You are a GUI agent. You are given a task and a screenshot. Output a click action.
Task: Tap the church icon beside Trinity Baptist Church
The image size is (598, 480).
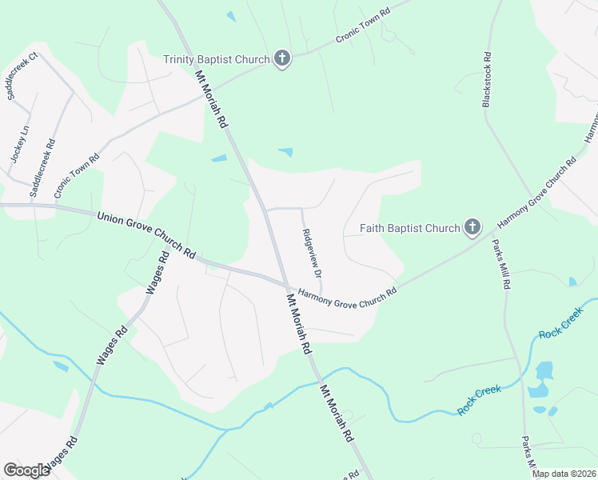281,58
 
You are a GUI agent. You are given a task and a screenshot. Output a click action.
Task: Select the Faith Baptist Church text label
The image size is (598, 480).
409,229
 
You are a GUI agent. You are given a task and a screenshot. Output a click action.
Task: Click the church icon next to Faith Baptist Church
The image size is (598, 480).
472,228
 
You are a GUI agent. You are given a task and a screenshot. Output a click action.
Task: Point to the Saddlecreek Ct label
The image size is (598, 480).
22,77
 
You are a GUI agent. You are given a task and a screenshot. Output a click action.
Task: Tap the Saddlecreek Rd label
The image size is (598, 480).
42,168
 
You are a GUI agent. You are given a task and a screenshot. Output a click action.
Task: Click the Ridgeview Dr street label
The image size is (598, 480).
312,253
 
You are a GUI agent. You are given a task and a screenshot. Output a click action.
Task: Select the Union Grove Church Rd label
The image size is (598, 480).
146,234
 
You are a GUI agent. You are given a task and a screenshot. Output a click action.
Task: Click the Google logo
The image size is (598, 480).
26,470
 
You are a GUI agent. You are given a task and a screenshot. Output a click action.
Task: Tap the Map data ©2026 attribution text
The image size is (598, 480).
564,474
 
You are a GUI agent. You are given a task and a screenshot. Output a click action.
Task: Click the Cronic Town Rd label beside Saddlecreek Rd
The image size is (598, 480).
76,175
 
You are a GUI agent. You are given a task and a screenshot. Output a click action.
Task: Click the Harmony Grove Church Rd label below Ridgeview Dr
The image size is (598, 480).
347,294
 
